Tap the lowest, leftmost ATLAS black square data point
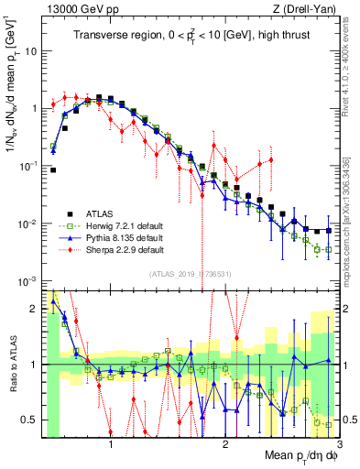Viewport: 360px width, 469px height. pos(53,169)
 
